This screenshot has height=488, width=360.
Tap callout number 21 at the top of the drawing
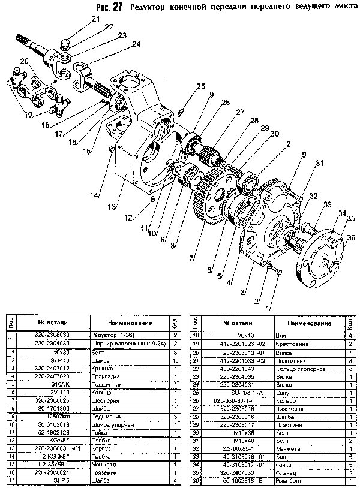tap(95, 19)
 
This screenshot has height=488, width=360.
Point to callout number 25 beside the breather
tap(200, 86)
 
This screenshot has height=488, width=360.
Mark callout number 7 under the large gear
tap(193, 258)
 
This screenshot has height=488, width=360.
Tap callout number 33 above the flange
tap(327, 205)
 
